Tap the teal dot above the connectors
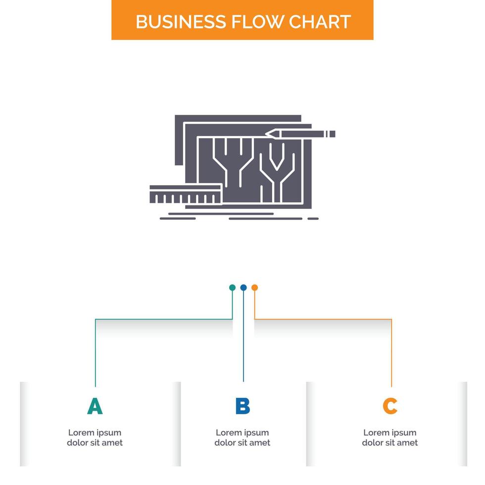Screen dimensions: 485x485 tap(232, 288)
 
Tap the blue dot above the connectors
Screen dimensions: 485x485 tap(243, 288)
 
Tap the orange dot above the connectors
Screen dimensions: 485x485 tap(254, 288)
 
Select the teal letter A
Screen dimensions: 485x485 tap(95, 406)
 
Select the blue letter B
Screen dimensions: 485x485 tap(242, 406)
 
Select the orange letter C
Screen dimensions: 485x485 tap(390, 406)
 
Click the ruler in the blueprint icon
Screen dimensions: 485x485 tap(185, 194)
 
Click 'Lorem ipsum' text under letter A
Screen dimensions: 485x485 tap(95, 433)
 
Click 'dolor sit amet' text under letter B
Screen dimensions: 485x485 tap(242, 443)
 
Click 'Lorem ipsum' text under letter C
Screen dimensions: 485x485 tap(390, 433)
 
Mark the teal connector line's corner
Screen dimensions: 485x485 tap(96, 320)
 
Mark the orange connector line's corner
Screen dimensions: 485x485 tap(391, 320)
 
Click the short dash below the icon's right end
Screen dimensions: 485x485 tap(313, 218)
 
